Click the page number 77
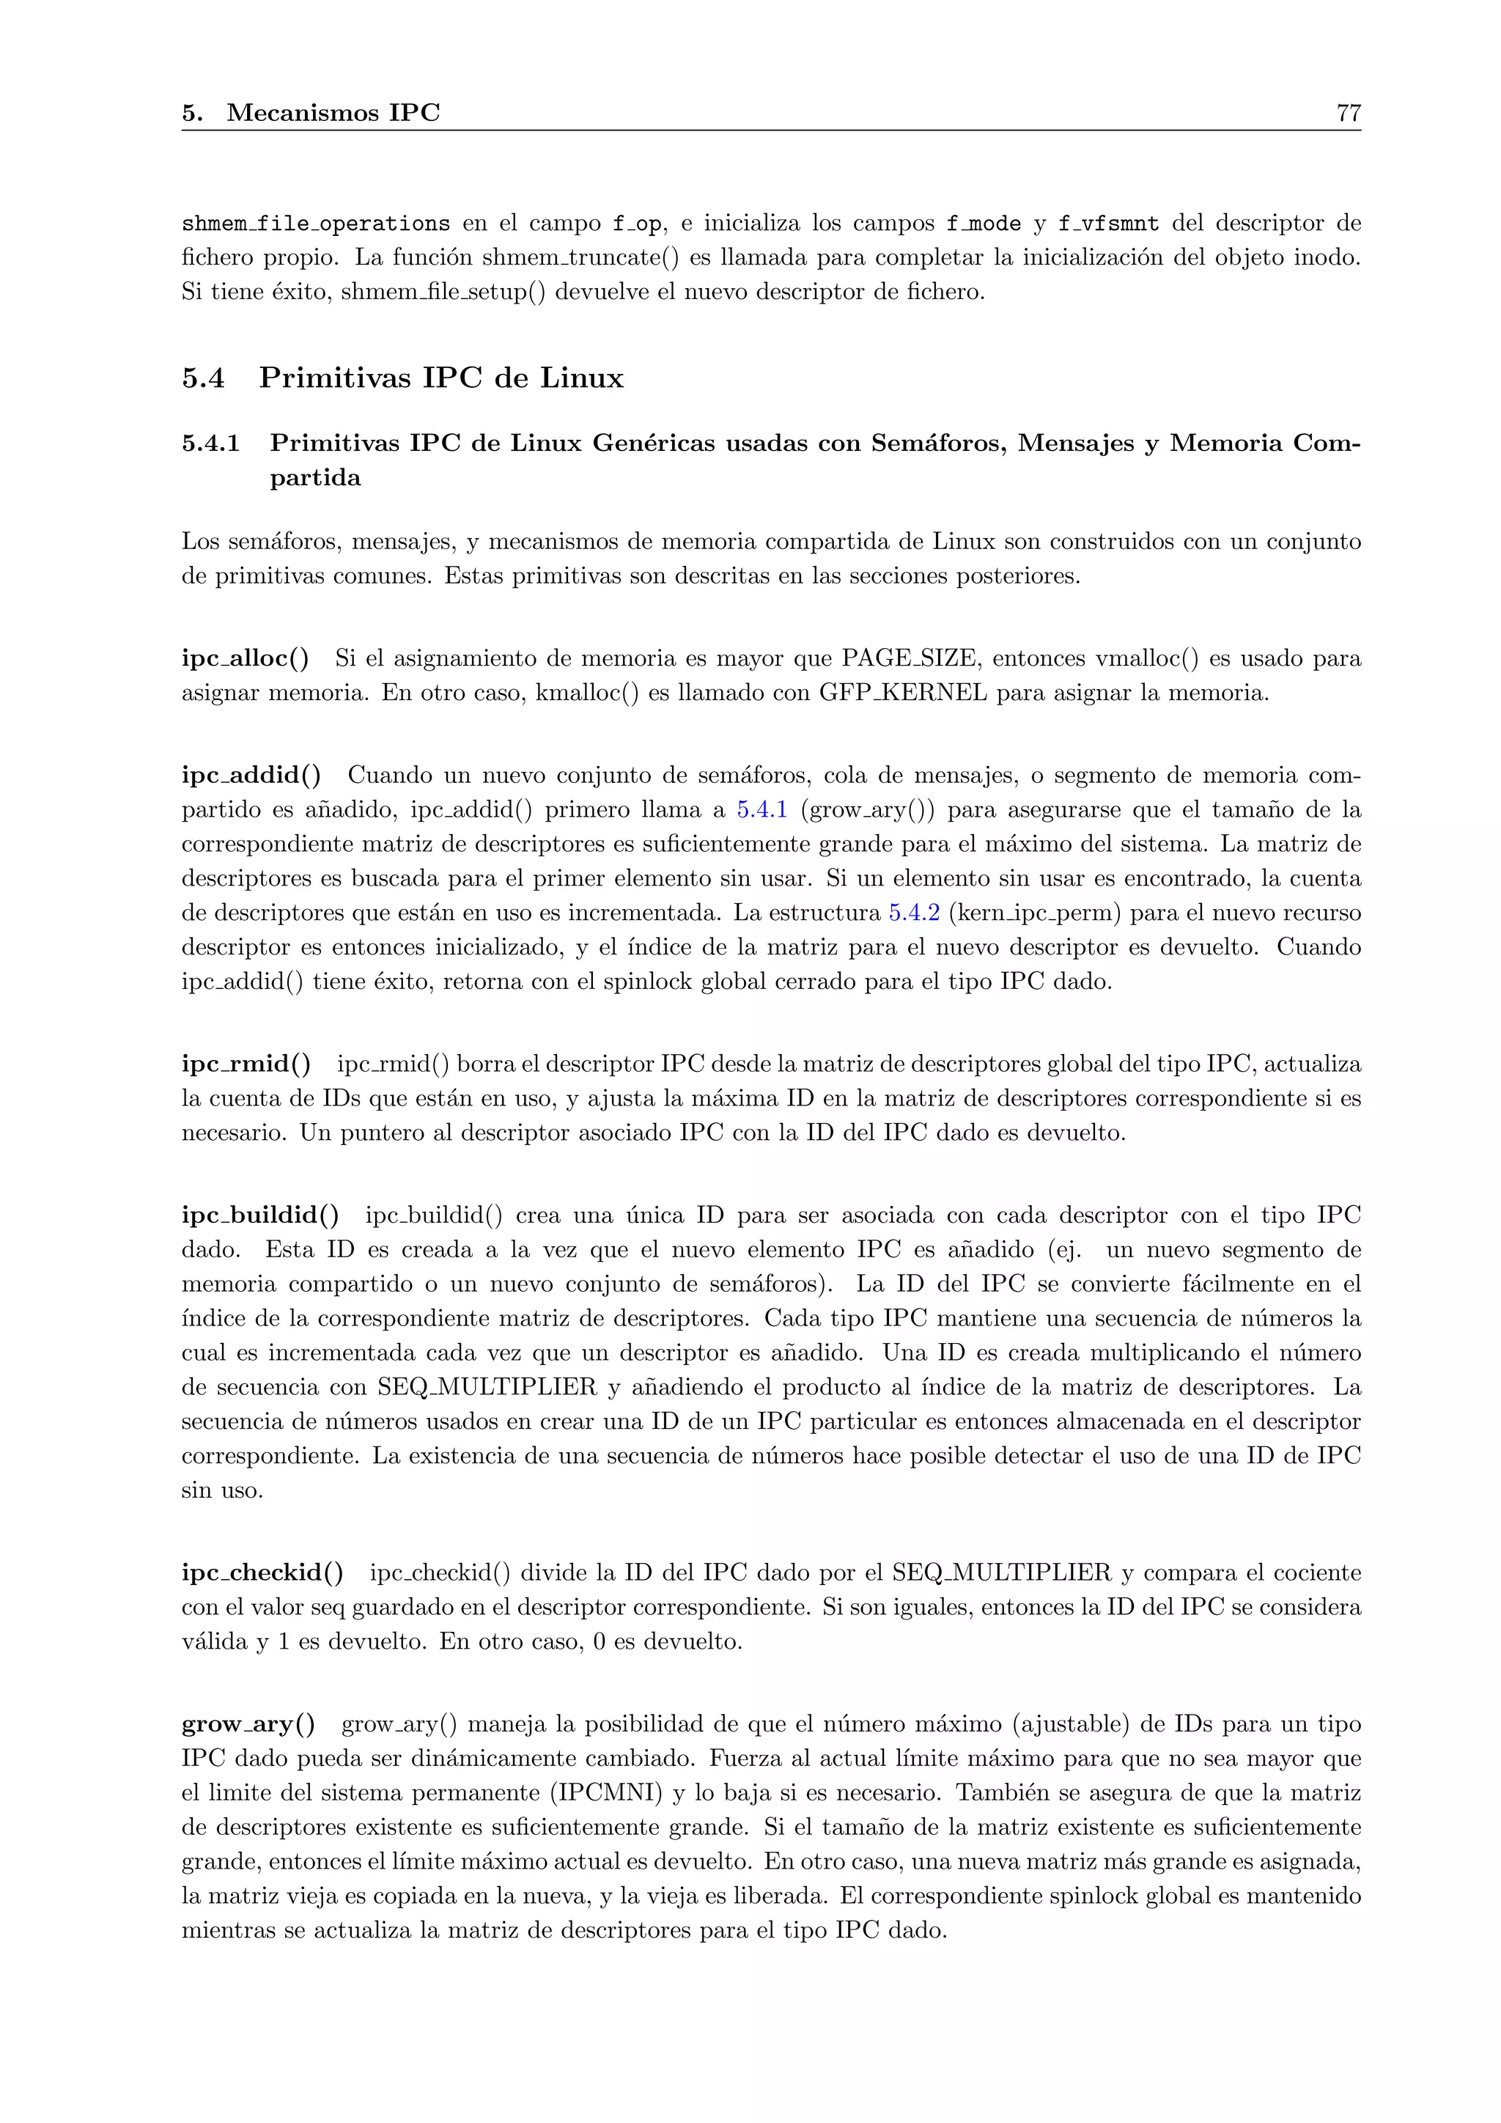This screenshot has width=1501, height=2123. pos(1348,113)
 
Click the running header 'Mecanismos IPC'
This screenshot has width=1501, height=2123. pos(333,113)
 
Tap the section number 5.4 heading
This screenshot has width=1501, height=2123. pos(202,378)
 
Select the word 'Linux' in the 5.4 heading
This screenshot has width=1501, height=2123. pos(581,378)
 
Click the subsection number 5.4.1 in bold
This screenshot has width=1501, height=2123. pos(211,444)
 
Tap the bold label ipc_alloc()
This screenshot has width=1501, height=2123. pos(245,659)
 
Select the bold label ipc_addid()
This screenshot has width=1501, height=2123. pos(251,775)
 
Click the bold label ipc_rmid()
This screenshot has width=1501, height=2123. pos(246,1064)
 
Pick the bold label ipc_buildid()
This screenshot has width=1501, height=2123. pos(259,1215)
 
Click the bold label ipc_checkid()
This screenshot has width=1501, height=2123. pos(262,1573)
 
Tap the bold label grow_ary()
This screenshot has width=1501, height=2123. pos(248,1724)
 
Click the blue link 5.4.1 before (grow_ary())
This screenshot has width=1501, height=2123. pos(761,810)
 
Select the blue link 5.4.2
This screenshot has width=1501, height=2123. pos(914,913)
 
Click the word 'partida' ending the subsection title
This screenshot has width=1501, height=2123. pos(315,478)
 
